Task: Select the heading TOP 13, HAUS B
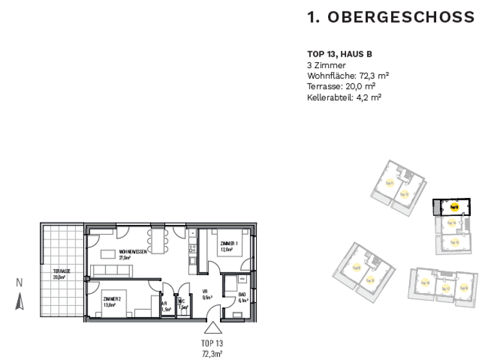pos(340,55)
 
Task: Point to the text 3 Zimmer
pos(327,65)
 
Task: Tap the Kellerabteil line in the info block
pos(344,97)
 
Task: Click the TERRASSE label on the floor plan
pos(61,272)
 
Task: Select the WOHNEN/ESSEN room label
pos(133,252)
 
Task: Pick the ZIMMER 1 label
pos(229,244)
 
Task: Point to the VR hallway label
pos(206,291)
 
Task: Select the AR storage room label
pos(165,303)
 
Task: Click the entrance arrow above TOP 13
pos(212,328)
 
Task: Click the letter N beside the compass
pos(19,282)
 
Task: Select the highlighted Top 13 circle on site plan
pos(453,207)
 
